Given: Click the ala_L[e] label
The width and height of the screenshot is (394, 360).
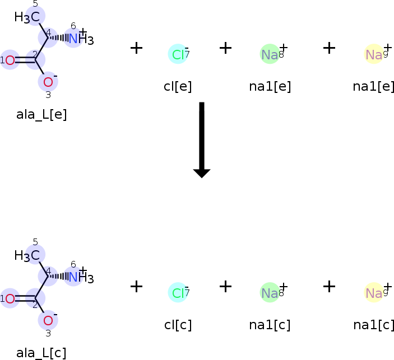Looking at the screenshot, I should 41,115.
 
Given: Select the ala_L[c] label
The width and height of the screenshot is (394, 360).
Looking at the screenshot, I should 41,353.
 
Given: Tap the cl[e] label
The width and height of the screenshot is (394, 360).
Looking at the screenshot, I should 178,87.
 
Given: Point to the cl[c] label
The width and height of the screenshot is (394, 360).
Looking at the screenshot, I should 178,325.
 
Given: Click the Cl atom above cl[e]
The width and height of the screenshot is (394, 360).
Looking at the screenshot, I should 178,54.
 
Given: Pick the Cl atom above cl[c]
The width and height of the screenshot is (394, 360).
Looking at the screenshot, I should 178,293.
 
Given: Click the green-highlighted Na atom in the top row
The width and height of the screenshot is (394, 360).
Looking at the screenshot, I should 270,54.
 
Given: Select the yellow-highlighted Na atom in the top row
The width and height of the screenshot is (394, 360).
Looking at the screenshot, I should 374,54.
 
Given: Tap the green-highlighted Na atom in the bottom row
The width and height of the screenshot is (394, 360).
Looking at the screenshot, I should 270,293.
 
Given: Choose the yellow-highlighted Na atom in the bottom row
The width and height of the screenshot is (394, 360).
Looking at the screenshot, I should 374,293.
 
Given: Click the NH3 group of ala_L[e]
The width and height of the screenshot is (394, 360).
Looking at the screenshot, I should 80,39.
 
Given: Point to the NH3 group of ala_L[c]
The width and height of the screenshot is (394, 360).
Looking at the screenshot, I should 80,277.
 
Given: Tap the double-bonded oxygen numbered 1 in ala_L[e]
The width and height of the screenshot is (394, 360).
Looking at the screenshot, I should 10,60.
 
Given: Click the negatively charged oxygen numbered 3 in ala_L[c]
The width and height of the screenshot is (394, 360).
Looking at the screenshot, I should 48,321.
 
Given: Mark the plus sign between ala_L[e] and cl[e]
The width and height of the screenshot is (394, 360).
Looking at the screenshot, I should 136,48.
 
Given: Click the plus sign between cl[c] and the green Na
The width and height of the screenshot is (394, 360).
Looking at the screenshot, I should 225,286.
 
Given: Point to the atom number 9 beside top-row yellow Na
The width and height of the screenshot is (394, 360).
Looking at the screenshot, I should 386,55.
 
